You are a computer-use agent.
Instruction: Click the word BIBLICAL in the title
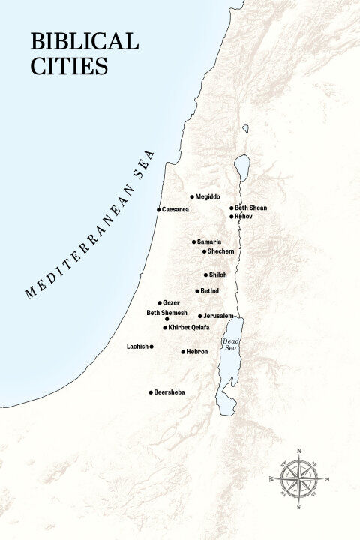(x=84, y=41)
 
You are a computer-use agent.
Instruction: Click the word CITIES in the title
(x=69, y=66)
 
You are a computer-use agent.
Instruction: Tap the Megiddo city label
(x=208, y=197)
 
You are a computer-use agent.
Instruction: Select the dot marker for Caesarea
(x=158, y=209)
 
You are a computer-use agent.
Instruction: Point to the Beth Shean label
(x=250, y=208)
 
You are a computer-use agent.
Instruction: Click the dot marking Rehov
(x=231, y=216)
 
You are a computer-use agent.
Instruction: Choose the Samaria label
(x=210, y=241)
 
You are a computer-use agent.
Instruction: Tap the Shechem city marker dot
(x=204, y=250)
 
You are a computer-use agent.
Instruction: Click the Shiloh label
(x=218, y=274)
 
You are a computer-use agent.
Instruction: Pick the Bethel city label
(x=211, y=290)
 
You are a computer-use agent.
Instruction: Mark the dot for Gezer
(x=159, y=302)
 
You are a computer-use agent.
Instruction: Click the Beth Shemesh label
(x=166, y=312)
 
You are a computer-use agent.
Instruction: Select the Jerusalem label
(x=218, y=316)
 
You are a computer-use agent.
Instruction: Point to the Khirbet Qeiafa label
(x=188, y=327)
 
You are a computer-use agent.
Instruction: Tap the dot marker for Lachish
(x=151, y=346)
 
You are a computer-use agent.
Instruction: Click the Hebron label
(x=197, y=351)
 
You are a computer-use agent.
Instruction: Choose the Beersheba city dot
(x=151, y=392)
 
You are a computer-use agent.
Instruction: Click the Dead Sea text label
(x=230, y=344)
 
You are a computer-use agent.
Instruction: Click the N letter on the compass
(x=299, y=451)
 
